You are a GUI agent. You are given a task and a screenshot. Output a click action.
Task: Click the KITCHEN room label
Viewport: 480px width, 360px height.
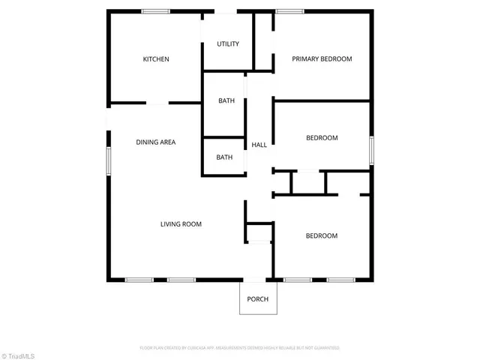click(x=156, y=59)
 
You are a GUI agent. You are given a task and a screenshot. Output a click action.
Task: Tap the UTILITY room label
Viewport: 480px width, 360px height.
click(x=228, y=43)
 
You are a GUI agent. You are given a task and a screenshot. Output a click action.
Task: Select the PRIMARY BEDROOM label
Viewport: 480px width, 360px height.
click(x=322, y=58)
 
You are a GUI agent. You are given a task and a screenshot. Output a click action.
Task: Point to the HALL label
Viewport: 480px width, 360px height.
click(x=259, y=145)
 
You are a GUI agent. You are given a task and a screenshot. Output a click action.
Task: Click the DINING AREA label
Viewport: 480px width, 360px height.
click(x=155, y=142)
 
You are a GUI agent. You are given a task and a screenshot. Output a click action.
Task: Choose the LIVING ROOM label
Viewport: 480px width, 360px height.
click(x=181, y=223)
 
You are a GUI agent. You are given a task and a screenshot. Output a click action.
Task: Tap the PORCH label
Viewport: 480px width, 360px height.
click(x=257, y=299)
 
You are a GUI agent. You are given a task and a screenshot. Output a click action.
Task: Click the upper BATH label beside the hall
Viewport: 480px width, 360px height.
click(x=226, y=100)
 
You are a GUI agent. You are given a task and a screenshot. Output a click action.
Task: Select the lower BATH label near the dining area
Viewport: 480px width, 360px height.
click(x=224, y=157)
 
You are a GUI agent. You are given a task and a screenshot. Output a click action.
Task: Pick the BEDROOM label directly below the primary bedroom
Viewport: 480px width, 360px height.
click(x=322, y=138)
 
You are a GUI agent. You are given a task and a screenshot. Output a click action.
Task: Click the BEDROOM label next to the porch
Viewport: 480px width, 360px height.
click(x=321, y=235)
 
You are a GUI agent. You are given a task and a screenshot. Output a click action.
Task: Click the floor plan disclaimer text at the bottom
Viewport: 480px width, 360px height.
click(x=240, y=348)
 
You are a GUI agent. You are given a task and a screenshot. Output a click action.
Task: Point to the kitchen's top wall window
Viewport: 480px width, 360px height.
click(x=156, y=10)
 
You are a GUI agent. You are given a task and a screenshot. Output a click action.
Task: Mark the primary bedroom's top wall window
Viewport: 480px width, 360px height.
click(x=288, y=10)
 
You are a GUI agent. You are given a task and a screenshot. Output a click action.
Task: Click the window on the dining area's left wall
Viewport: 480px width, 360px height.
click(x=108, y=160)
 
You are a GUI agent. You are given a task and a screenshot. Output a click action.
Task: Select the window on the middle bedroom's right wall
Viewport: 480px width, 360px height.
click(x=370, y=149)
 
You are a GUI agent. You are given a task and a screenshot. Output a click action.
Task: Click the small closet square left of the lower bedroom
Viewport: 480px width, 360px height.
click(x=259, y=232)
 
